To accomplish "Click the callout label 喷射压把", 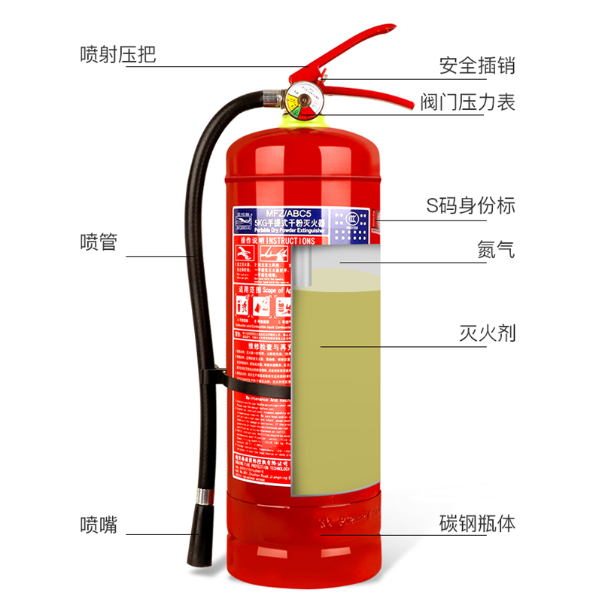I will [117, 56].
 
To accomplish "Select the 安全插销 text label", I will [477, 65].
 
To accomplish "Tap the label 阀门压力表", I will [467, 102].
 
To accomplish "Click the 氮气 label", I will [496, 250].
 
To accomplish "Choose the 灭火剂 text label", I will [487, 333].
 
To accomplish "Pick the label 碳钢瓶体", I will [477, 524].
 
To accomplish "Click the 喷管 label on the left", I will [99, 243].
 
